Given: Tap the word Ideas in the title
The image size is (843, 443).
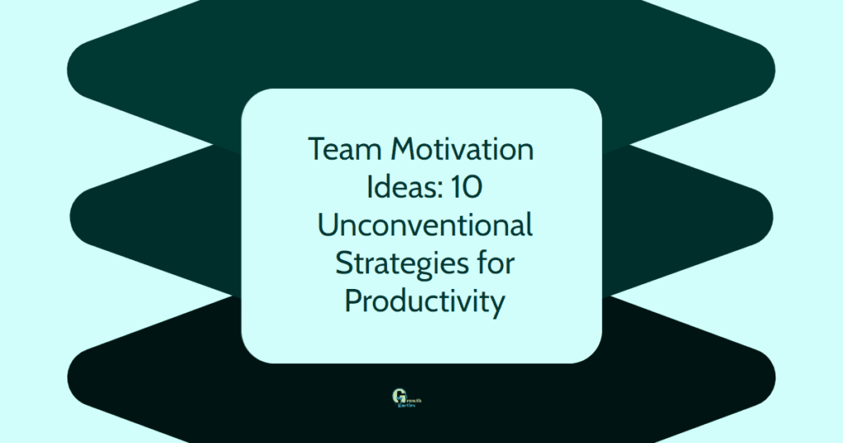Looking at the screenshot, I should click(393, 188).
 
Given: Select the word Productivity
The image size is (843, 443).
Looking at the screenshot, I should click(423, 301).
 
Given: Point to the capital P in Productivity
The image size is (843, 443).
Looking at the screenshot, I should click(353, 301).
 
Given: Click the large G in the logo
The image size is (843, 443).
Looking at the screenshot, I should click(399, 397).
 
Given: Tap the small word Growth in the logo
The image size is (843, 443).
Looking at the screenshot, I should click(412, 397).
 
